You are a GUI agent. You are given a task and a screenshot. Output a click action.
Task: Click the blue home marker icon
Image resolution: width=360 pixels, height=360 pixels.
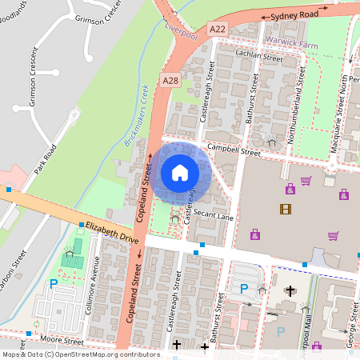(x=180, y=172)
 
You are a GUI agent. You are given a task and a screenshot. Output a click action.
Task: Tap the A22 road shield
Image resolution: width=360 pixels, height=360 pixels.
(x=217, y=29)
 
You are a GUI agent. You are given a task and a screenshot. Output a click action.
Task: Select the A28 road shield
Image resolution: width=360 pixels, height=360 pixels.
(x=170, y=81)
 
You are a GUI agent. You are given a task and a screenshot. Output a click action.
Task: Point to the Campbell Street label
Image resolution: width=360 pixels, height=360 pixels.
(x=234, y=150)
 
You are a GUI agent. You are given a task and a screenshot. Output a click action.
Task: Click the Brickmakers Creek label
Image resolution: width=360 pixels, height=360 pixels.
(x=138, y=116)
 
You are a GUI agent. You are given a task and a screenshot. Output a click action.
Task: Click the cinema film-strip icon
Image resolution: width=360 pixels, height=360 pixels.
(x=286, y=209)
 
